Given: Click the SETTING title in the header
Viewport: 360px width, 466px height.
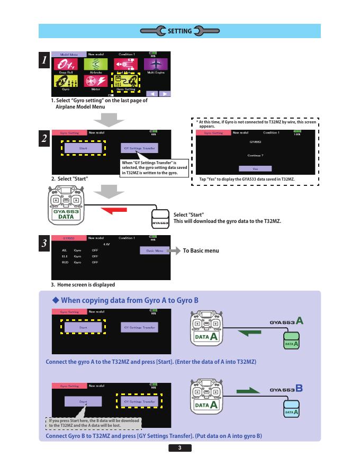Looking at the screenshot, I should click(x=179, y=31).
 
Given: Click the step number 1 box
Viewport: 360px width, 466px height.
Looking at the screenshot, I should click(x=45, y=60).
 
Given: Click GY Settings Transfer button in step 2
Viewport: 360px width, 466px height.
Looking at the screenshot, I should click(x=140, y=149).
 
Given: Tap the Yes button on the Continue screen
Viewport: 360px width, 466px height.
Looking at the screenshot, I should click(x=255, y=168).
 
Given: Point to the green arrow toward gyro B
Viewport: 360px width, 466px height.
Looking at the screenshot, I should click(x=249, y=391).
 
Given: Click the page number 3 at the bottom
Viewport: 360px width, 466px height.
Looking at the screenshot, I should click(x=180, y=449).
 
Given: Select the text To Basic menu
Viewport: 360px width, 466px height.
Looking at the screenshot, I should click(x=201, y=250).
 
